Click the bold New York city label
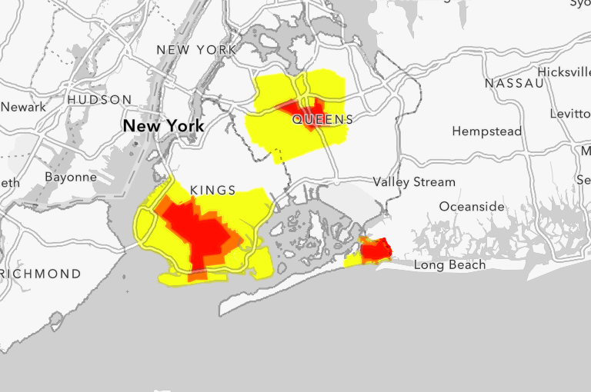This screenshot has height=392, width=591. tap(163, 125)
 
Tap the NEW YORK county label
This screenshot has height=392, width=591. tap(196, 50)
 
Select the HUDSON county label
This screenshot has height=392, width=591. tap(99, 100)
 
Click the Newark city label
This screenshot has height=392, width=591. tap(23, 107)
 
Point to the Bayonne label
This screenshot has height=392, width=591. tap(71, 177)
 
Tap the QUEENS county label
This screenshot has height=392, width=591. tap(322, 120)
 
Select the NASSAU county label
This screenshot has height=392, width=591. tap(514, 82)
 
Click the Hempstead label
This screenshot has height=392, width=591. tap(486, 131)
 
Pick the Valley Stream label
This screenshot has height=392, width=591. tap(414, 182)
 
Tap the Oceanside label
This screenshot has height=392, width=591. tap(472, 207)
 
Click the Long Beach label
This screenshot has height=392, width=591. tap(450, 265)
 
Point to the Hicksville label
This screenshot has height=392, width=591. tap(564, 71)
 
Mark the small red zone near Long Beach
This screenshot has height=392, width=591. tap(376, 249)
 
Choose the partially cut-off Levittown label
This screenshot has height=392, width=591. tap(570, 113)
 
